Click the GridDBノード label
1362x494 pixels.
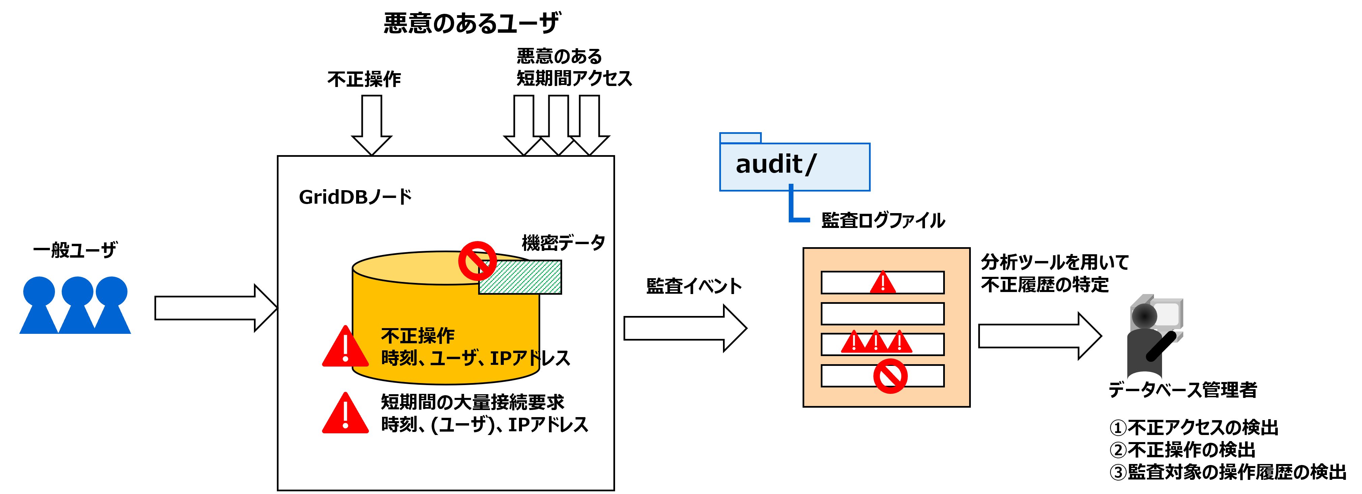(x=355, y=197)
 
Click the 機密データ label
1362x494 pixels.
(x=563, y=243)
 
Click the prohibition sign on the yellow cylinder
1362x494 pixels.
(x=477, y=261)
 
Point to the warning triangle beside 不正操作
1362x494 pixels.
(x=345, y=348)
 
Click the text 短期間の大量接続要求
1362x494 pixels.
(x=472, y=402)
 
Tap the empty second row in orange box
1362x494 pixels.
(x=882, y=314)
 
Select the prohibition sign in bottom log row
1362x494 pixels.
(x=890, y=376)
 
